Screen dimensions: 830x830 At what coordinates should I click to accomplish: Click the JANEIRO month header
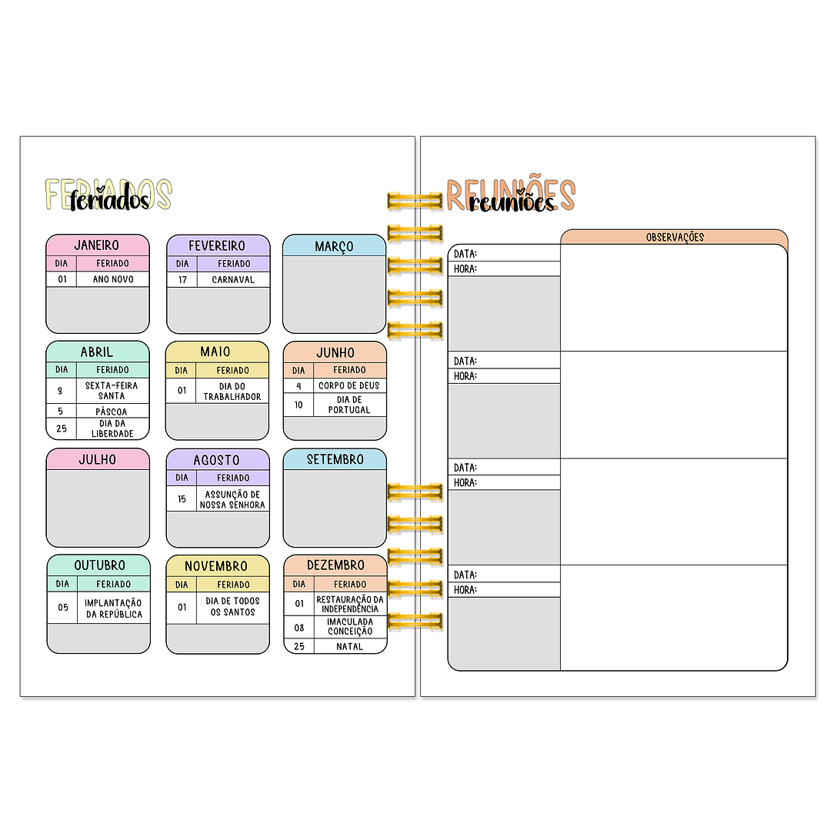[97, 245]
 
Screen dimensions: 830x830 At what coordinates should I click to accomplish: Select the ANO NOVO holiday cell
[113, 279]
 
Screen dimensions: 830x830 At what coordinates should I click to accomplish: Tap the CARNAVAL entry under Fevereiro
[233, 279]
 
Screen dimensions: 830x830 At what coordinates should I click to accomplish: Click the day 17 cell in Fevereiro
[182, 279]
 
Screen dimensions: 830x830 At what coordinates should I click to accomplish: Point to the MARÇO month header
[334, 246]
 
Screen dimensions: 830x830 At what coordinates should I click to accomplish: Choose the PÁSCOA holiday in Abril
[112, 412]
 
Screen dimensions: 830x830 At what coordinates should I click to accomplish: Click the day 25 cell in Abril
[61, 428]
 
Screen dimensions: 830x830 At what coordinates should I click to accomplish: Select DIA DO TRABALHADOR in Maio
[232, 392]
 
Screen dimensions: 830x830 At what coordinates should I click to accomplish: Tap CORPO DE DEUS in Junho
[349, 385]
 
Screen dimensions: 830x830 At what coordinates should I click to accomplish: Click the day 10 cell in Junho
[298, 405]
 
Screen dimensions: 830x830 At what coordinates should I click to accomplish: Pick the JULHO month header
[97, 459]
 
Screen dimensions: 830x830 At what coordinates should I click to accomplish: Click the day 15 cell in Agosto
[182, 499]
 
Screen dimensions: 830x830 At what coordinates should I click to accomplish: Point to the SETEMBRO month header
[335, 459]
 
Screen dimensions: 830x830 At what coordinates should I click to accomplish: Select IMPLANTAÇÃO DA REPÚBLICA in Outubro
[114, 608]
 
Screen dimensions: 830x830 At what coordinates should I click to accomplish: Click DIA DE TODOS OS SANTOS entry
[233, 606]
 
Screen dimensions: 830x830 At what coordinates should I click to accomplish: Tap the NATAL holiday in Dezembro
[349, 646]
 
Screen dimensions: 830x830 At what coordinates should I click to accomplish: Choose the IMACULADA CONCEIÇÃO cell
[350, 626]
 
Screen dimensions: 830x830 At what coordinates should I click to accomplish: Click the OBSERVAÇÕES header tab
[675, 237]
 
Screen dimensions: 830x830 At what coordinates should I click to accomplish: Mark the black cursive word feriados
[108, 202]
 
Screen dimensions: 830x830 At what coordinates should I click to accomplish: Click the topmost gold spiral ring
[415, 202]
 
